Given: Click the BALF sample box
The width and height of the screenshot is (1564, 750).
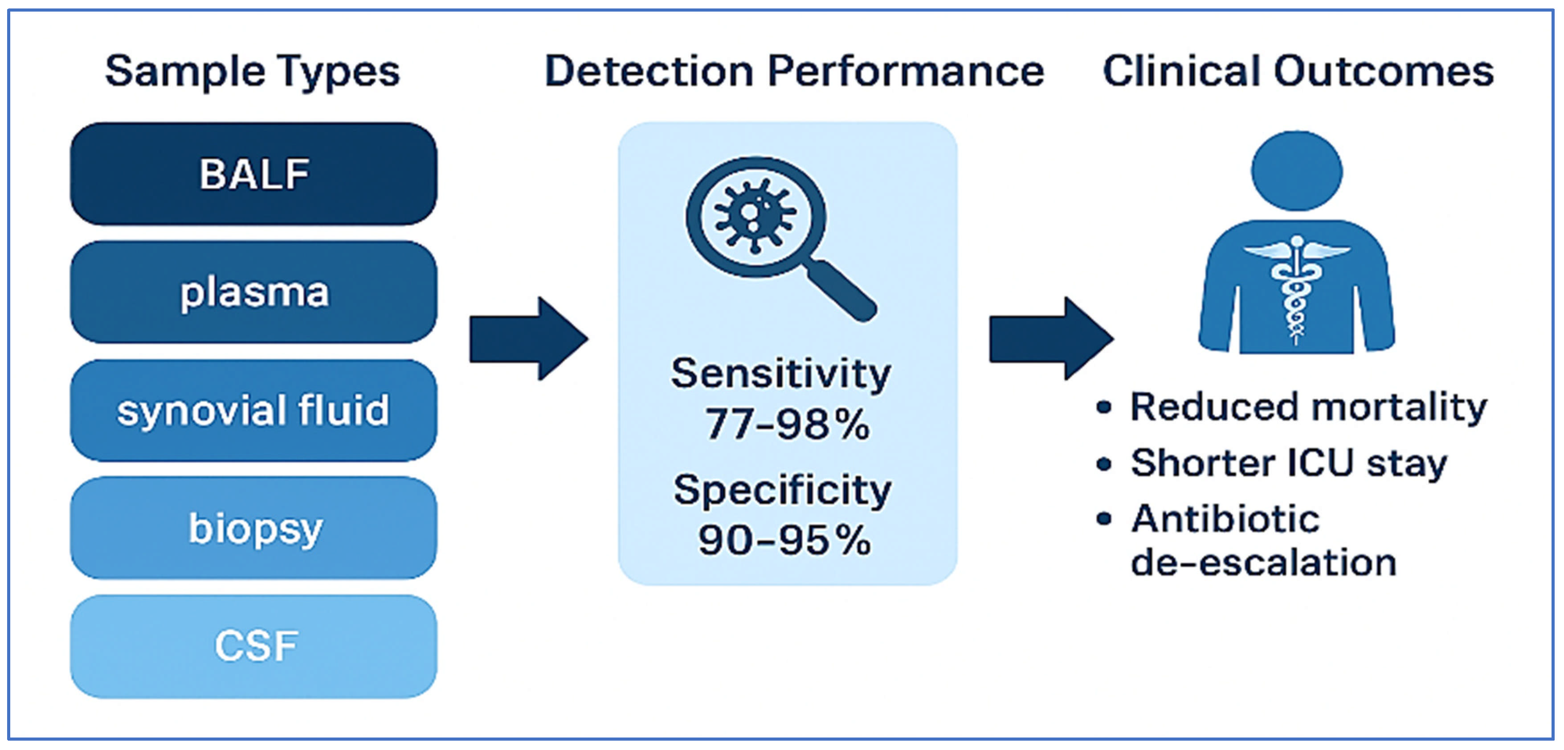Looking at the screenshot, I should click(x=254, y=174).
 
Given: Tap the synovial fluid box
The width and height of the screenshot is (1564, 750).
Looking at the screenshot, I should click(x=254, y=410).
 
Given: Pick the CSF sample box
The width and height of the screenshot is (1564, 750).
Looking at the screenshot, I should click(x=254, y=646).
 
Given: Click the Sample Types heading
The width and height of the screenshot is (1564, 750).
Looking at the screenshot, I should click(x=252, y=72).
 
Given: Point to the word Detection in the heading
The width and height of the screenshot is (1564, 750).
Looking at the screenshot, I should click(x=649, y=72).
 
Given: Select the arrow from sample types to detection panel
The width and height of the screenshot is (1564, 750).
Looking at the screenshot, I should click(x=528, y=339).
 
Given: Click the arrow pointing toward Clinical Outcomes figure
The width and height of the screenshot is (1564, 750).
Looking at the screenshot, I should click(x=1050, y=339).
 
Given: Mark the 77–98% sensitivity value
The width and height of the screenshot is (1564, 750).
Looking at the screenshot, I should click(x=787, y=423).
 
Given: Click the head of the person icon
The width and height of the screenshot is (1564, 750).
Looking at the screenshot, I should click(x=1297, y=171).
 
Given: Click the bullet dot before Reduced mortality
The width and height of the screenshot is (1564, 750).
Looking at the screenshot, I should click(x=1104, y=407).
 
